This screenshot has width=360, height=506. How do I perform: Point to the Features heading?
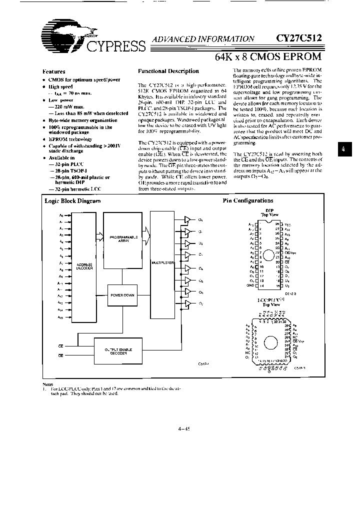pyautogui.click(x=54, y=71)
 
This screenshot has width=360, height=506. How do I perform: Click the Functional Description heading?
pyautogui.click(x=168, y=71)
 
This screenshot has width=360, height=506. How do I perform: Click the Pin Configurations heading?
pyautogui.click(x=248, y=200)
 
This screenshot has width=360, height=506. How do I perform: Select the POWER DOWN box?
pyautogui.click(x=122, y=295)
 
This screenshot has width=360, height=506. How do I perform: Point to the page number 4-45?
pyautogui.click(x=183, y=428)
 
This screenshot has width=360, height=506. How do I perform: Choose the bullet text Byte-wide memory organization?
pyautogui.click(x=83, y=120)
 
